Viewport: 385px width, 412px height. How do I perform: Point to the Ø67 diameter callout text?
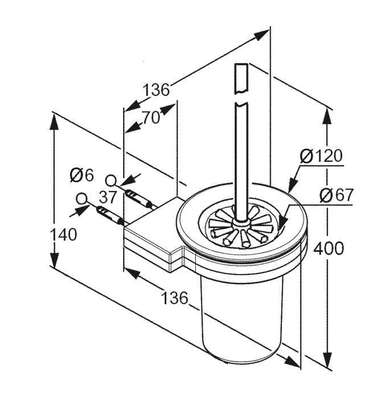pyautogui.click(x=336, y=195)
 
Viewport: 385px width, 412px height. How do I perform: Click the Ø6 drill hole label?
pyautogui.click(x=81, y=174)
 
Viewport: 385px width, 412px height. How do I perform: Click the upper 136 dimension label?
pyautogui.click(x=155, y=90)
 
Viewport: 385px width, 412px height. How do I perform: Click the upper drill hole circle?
pyautogui.click(x=112, y=181)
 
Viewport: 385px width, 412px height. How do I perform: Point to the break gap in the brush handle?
pyautogui.click(x=241, y=96)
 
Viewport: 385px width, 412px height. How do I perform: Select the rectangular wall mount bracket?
pyautogui.click(x=151, y=236)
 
